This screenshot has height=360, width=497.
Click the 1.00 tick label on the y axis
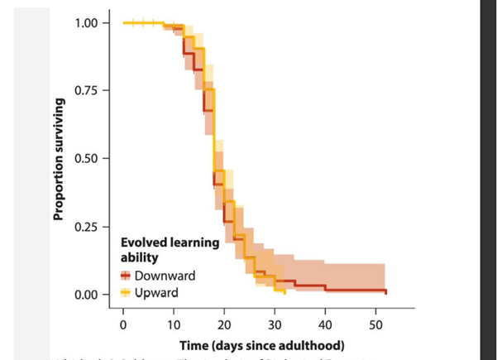coord(88,22)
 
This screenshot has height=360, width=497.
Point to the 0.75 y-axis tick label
coord(88,90)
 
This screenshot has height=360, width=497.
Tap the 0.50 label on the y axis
coord(88,158)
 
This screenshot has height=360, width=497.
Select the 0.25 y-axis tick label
coord(88,227)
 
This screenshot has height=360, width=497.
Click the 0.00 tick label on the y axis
coord(88,295)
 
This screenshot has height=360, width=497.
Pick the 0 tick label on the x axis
coord(123,323)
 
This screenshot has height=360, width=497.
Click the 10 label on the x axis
coord(174,323)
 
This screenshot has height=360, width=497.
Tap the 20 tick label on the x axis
coord(224,323)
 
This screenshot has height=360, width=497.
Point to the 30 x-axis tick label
coord(275,323)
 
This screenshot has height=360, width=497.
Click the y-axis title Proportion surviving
coord(59,159)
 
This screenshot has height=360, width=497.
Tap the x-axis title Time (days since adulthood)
coord(261,344)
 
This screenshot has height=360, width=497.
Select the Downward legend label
coord(165,276)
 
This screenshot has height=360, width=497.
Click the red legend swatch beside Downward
coord(127,276)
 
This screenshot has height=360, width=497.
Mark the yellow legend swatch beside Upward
coord(127,292)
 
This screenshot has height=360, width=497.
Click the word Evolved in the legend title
coord(143,242)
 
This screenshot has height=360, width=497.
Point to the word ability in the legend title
coord(140,258)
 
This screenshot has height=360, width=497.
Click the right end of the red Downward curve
coord(385,291)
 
